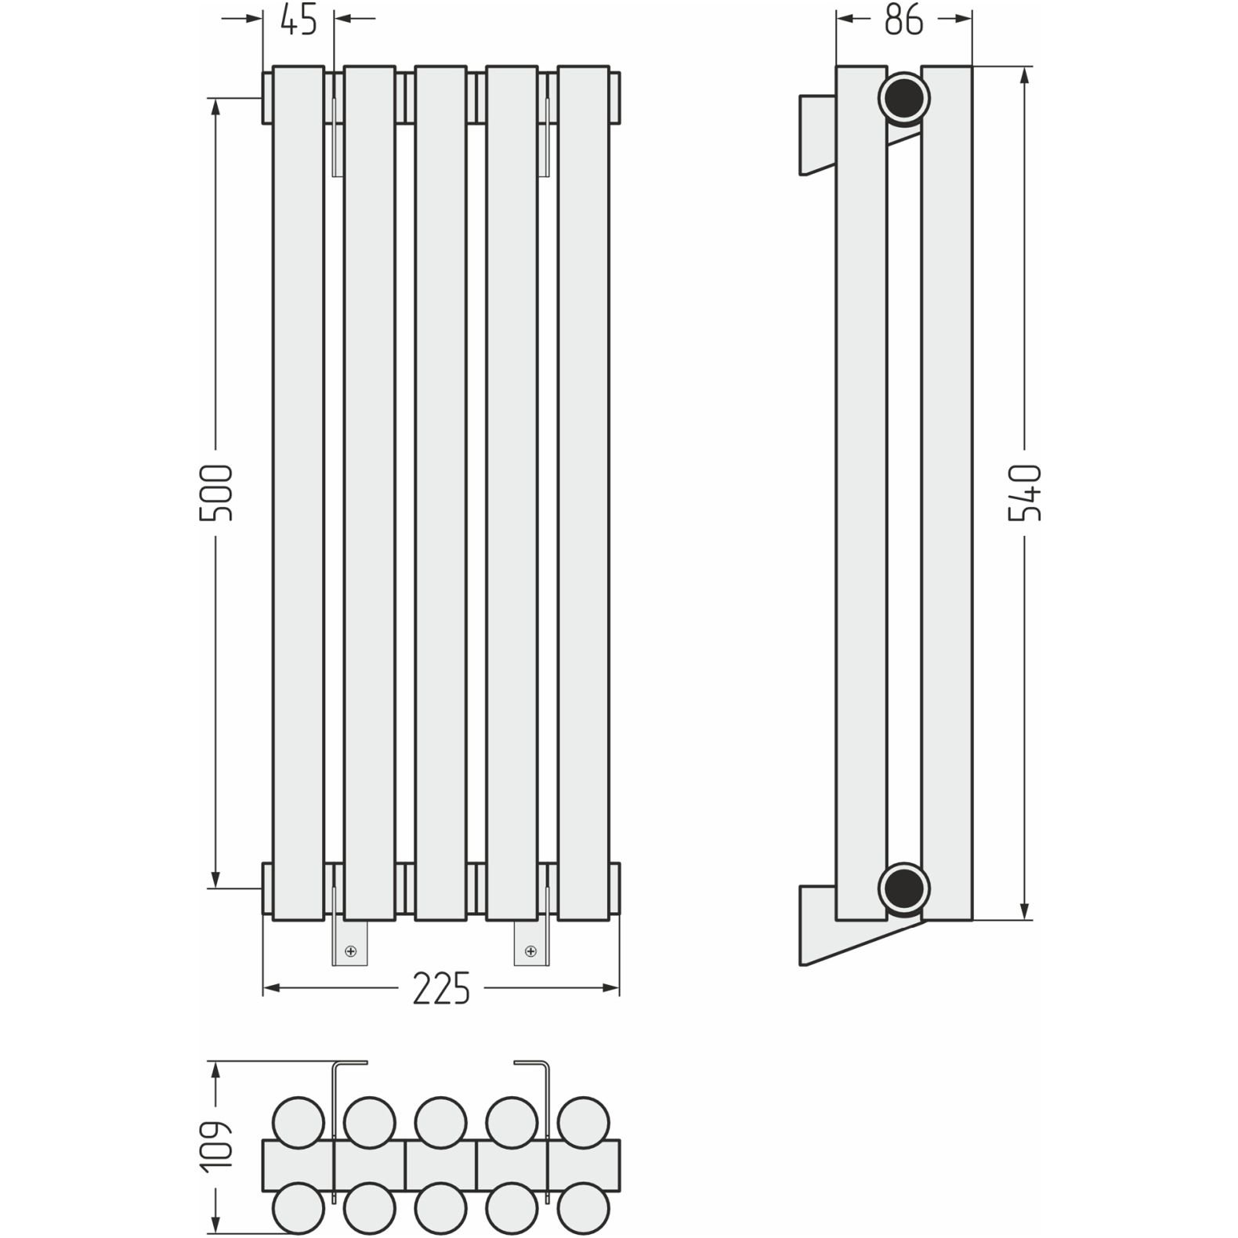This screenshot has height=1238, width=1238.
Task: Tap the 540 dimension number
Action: (x=1026, y=493)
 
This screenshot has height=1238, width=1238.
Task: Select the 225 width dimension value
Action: (x=441, y=988)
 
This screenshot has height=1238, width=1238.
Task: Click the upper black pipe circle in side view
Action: (x=904, y=100)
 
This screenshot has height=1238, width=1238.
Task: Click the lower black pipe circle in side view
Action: (x=904, y=889)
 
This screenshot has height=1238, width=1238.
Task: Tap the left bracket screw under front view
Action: (x=350, y=951)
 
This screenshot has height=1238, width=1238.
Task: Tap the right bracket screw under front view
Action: (x=530, y=951)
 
